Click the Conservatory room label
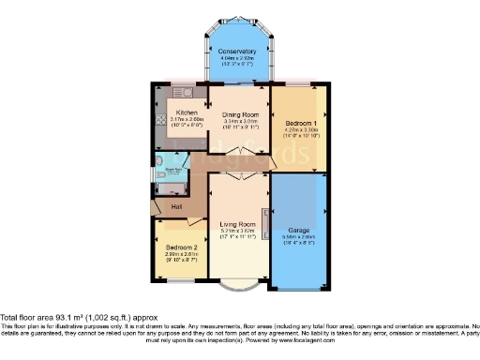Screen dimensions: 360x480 coord(236,52)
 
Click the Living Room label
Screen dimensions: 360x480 coord(238,225)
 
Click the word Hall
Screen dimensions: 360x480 coord(175,207)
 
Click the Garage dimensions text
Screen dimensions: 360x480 coord(297,240)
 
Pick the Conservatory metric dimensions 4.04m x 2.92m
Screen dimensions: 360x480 coord(236,59)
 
